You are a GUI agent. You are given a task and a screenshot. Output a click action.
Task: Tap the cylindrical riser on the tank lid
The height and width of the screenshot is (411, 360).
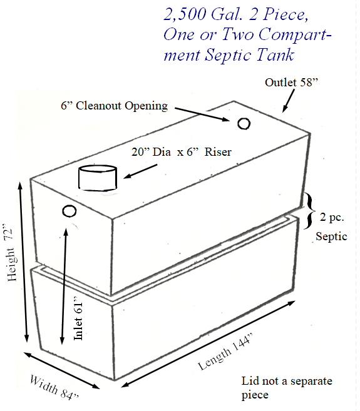[98, 178]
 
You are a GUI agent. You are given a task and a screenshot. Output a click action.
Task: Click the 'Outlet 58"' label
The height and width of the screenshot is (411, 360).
[292, 83]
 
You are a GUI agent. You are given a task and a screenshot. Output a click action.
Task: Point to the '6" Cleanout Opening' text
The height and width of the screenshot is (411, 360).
[114, 106]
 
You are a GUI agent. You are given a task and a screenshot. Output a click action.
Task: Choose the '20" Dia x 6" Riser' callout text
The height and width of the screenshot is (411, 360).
[182, 152]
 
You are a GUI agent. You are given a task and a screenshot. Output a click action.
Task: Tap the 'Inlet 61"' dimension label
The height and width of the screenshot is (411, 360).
[78, 318]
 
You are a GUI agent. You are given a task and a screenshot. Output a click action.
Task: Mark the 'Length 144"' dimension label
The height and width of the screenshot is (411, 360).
[225, 352]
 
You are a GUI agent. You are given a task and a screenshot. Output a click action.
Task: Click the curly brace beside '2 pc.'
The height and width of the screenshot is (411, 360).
[310, 211]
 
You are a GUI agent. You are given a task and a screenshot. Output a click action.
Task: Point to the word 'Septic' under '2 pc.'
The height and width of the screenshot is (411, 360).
[331, 236]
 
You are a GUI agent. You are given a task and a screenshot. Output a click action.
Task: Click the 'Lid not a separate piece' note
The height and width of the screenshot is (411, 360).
[287, 388]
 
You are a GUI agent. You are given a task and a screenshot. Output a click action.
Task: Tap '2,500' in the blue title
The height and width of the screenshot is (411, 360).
[185, 14]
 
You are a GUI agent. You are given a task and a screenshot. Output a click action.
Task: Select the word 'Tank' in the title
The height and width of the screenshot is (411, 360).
[275, 55]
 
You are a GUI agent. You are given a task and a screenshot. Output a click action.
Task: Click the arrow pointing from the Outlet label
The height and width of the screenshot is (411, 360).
[289, 101]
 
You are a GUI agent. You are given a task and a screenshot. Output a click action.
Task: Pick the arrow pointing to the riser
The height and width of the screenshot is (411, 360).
[140, 171]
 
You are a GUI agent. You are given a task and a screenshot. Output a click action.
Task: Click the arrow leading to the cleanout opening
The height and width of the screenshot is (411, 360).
[202, 114]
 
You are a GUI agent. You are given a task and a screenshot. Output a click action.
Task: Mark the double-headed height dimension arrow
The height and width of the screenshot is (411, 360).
[23, 262]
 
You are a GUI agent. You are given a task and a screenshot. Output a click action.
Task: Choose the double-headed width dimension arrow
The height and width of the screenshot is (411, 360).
[61, 370]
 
